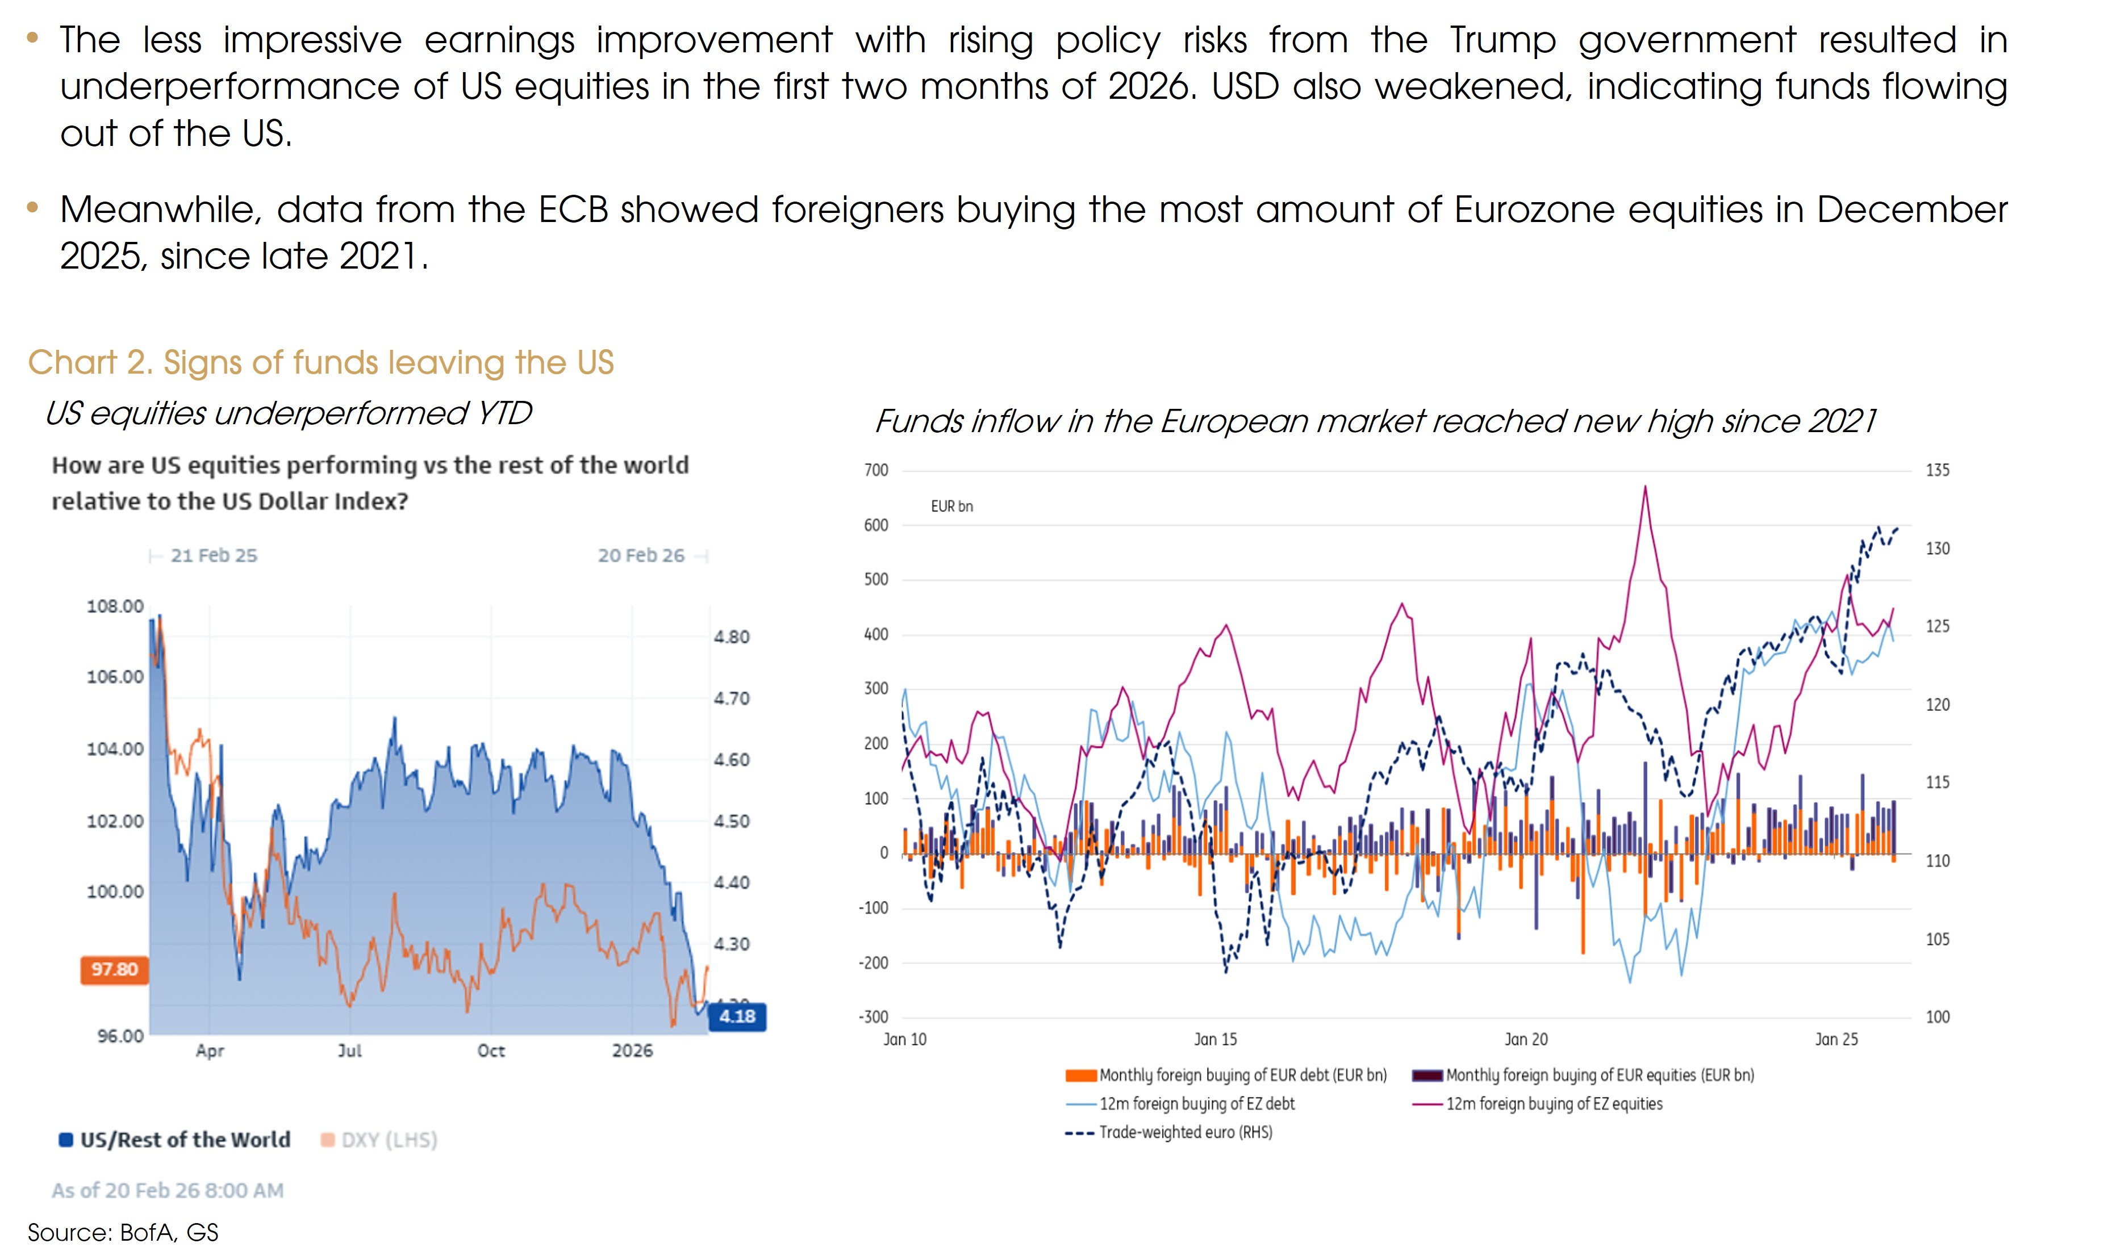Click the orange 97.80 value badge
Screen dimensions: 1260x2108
[114, 970]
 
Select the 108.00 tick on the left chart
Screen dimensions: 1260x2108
[115, 606]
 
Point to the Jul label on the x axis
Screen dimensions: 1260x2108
[350, 1051]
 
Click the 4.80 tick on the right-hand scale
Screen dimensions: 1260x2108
[731, 637]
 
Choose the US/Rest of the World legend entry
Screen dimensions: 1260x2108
[175, 1140]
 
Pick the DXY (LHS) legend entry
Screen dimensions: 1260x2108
[379, 1140]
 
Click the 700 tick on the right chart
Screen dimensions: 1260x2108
[876, 470]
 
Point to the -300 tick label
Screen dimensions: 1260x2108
[873, 1017]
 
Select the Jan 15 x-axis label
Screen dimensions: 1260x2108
[1216, 1039]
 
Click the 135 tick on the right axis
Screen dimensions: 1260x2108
[1937, 470]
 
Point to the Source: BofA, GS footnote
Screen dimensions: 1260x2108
[123, 1233]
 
